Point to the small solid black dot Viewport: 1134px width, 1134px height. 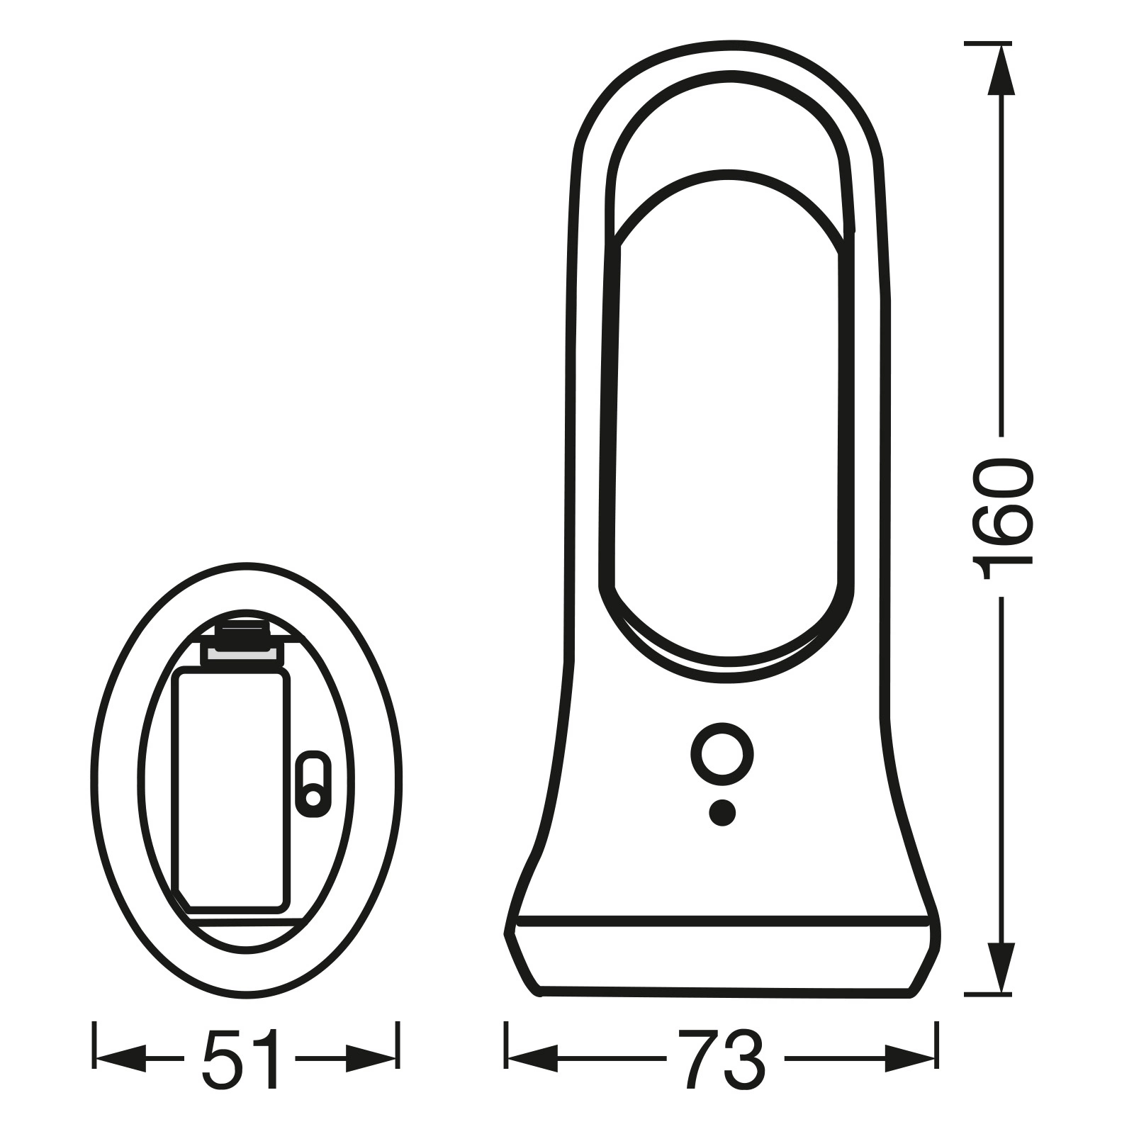[722, 813]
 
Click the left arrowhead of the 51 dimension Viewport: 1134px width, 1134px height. [120, 1059]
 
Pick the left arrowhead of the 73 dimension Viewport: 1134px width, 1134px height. [532, 1059]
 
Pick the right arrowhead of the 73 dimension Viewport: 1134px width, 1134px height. [909, 1059]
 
